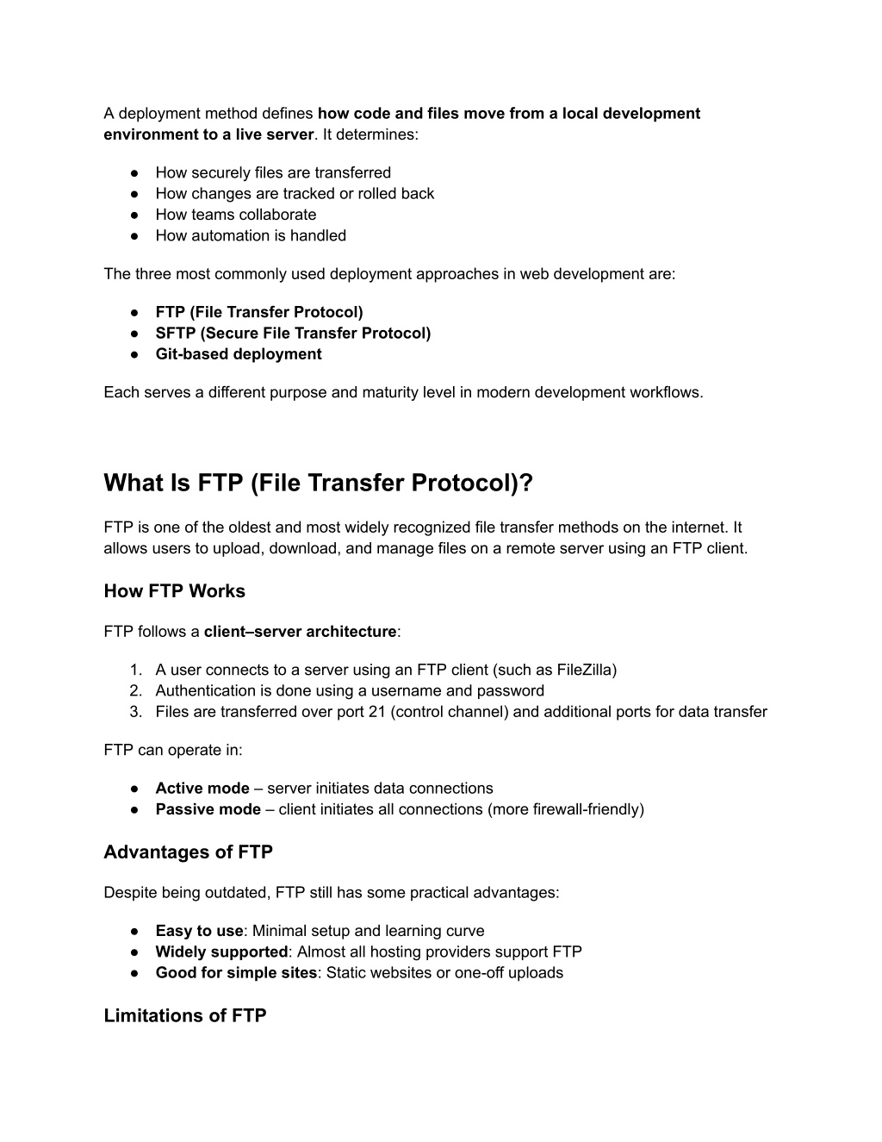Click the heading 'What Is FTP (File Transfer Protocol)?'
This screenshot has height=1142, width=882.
click(318, 484)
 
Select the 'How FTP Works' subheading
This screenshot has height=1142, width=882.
click(174, 591)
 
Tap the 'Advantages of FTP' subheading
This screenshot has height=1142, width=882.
click(188, 852)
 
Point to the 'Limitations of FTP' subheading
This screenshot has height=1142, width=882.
click(184, 1015)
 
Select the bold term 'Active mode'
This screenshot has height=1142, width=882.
click(202, 789)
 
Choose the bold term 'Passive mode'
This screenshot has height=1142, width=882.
click(208, 809)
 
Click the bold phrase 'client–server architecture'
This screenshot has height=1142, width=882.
click(300, 632)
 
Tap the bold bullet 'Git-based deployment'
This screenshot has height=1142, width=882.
click(238, 354)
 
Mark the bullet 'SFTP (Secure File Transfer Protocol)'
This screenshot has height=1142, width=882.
click(293, 334)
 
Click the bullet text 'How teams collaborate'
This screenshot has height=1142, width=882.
click(235, 215)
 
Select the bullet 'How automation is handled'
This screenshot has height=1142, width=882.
click(251, 236)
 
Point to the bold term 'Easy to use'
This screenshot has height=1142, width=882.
click(199, 931)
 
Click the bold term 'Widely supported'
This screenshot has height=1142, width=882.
click(221, 952)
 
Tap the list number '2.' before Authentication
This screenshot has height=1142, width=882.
click(135, 691)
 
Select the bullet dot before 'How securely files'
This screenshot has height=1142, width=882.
click(135, 173)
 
